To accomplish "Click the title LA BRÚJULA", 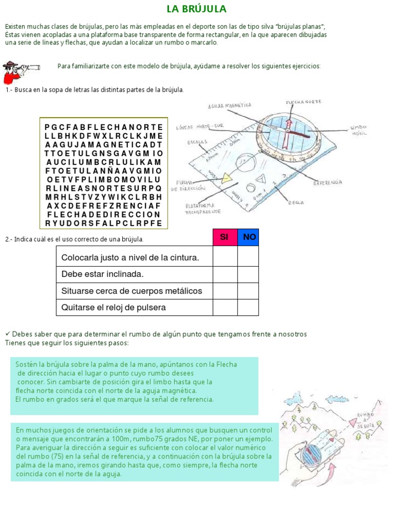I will (196, 9).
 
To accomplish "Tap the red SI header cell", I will (225, 237).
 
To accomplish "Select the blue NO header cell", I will (249, 237).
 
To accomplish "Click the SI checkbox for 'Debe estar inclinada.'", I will (225, 274).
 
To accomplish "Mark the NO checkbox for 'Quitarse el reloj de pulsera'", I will (248, 308).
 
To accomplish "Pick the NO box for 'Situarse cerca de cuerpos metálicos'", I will (248, 291).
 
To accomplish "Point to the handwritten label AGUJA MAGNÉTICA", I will (230, 105).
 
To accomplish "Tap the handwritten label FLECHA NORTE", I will (303, 102).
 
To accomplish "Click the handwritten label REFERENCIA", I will (327, 182).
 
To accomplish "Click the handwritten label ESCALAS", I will (198, 141).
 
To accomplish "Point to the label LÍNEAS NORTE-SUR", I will (200, 126).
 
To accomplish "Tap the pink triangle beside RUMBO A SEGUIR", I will (352, 421).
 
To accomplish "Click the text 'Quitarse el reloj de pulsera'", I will (114, 308).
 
